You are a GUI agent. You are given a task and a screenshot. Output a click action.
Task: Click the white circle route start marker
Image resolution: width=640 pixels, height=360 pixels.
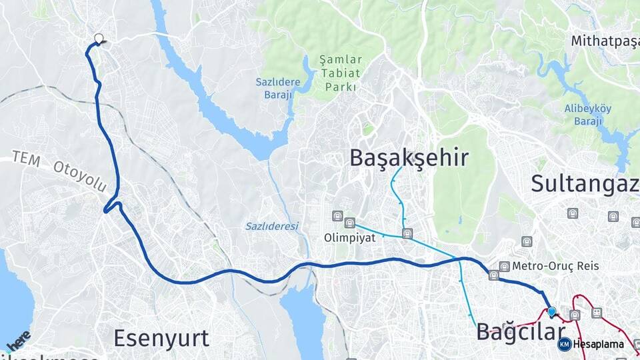pyautogui.click(x=99, y=39)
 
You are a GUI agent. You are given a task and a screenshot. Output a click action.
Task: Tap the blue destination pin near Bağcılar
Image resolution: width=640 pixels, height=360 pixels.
pyautogui.click(x=551, y=311)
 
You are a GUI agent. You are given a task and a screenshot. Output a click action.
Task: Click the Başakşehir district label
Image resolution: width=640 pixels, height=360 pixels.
pyautogui.click(x=409, y=158)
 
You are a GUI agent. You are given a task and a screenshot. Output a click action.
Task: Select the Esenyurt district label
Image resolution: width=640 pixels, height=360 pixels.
pyautogui.click(x=161, y=338)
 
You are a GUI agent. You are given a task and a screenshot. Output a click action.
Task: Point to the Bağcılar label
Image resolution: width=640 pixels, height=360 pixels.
pyautogui.click(x=520, y=331)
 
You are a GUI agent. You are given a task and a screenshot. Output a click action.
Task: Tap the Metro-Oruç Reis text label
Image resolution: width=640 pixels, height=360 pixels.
pyautogui.click(x=555, y=266)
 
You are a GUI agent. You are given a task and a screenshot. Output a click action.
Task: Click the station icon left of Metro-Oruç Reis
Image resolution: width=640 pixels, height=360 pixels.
pyautogui.click(x=505, y=266)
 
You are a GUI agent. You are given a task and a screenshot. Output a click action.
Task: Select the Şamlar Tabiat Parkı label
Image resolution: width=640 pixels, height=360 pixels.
pyautogui.click(x=341, y=73)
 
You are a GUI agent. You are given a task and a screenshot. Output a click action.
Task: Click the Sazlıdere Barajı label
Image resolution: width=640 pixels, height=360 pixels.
pyautogui.click(x=277, y=88)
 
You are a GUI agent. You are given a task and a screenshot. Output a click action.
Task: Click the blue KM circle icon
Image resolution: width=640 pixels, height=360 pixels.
pyautogui.click(x=564, y=344)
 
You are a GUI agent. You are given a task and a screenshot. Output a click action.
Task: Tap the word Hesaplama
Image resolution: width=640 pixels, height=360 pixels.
pyautogui.click(x=598, y=345)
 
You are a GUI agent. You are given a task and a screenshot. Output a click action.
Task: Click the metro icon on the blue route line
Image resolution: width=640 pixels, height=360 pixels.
pyautogui.click(x=493, y=275)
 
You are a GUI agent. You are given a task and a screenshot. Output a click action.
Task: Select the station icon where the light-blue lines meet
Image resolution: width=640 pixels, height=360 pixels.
pyautogui.click(x=407, y=233)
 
